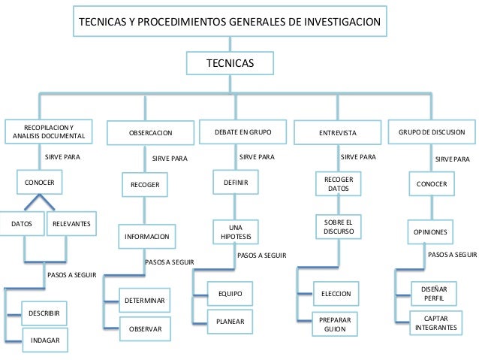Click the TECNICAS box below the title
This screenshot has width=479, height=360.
pos(230,63)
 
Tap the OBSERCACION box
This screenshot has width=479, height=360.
pos(150,133)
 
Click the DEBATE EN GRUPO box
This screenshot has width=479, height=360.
pos(243,132)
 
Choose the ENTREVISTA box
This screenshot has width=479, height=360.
pos(338,133)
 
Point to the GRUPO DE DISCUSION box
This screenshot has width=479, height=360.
pos(432,132)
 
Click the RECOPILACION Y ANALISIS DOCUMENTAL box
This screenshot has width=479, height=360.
pos(49,132)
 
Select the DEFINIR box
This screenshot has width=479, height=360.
pos(236,183)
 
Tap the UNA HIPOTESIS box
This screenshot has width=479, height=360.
pos(236,231)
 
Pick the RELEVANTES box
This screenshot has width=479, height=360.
pos(71,223)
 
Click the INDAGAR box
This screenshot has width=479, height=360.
pos(45,340)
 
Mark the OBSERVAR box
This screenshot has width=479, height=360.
pos(145,328)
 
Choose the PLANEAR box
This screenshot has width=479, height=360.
pos(230,322)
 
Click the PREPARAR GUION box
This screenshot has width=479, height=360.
pos(335,324)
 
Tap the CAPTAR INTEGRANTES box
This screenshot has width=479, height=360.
pos(436,323)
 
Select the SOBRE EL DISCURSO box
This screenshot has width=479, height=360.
pos(339,227)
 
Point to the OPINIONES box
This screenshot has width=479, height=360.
pos(430,231)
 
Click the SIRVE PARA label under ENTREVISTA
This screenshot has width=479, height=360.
pos(358,157)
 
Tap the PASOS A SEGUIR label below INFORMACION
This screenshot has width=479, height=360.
pos(169,262)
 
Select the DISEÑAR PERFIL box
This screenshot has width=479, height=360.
pos(434,294)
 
